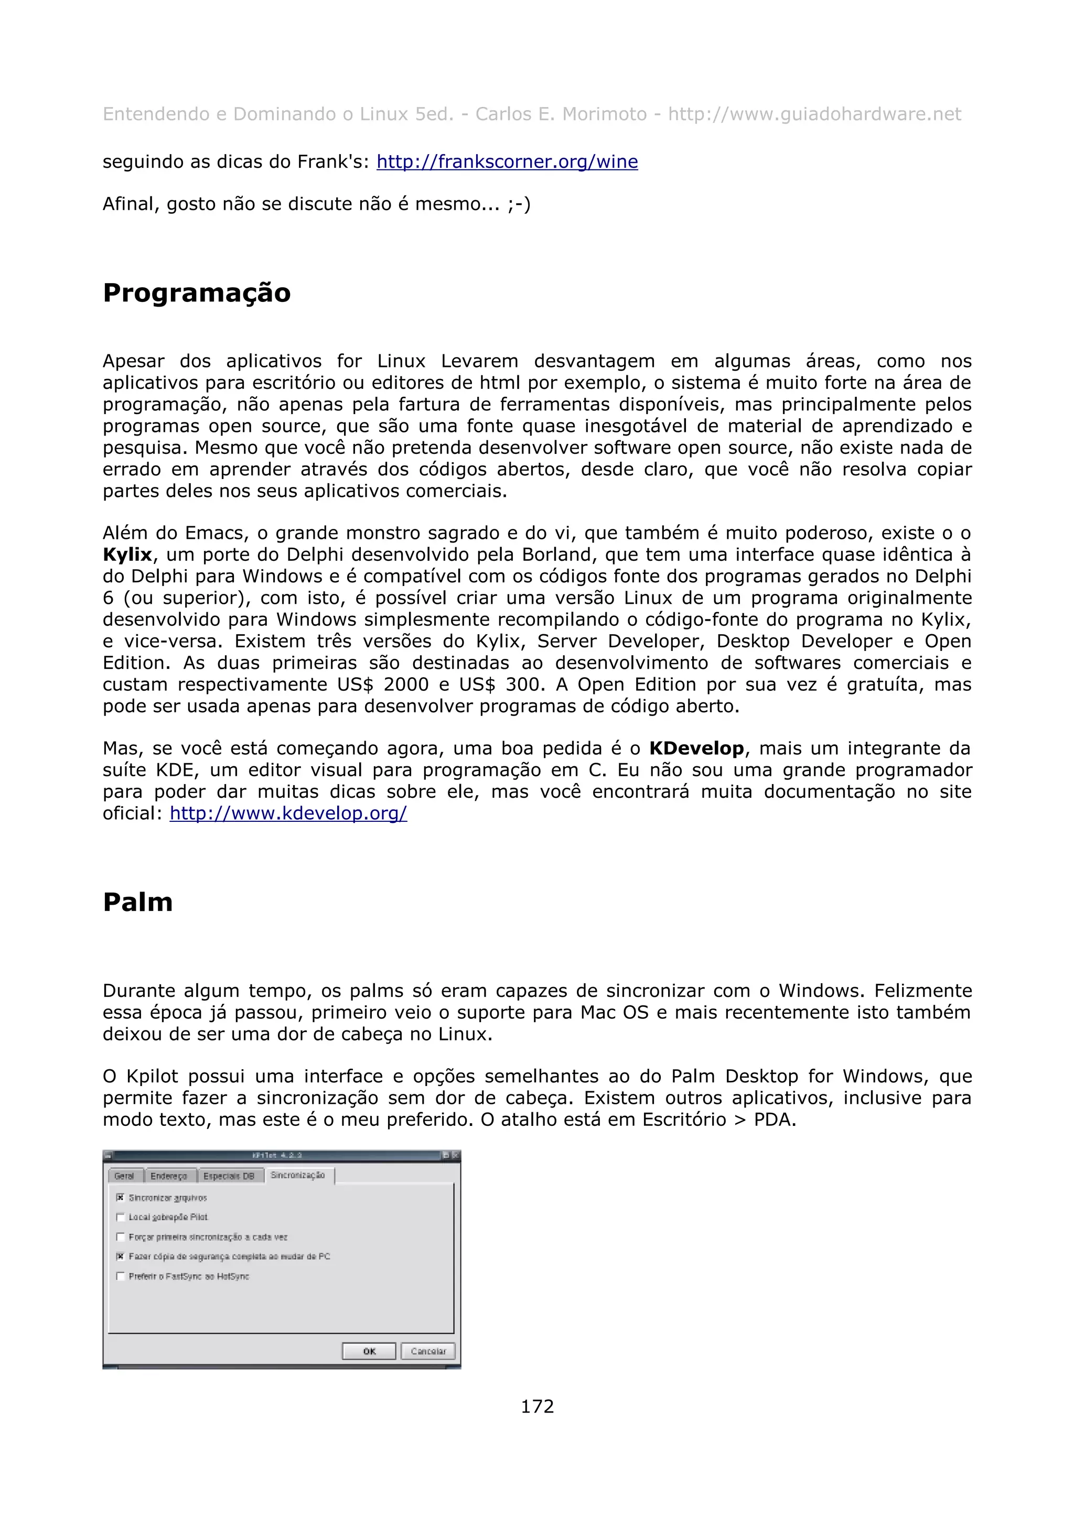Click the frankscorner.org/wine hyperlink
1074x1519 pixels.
pos(507,161)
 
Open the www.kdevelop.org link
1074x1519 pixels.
pos(288,813)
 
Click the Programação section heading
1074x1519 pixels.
pos(197,293)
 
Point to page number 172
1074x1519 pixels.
pos(536,1406)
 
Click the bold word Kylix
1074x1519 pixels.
pos(127,555)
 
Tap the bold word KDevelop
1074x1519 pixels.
pos(696,748)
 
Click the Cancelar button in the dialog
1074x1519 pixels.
pos(427,1351)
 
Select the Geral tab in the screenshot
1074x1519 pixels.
pos(124,1176)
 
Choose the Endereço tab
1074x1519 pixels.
pos(169,1176)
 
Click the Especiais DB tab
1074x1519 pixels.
pos(229,1176)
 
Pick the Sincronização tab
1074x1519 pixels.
pos(298,1175)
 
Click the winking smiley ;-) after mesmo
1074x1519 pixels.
pos(519,204)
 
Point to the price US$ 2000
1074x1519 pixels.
pos(382,684)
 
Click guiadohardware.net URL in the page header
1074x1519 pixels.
pos(814,114)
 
